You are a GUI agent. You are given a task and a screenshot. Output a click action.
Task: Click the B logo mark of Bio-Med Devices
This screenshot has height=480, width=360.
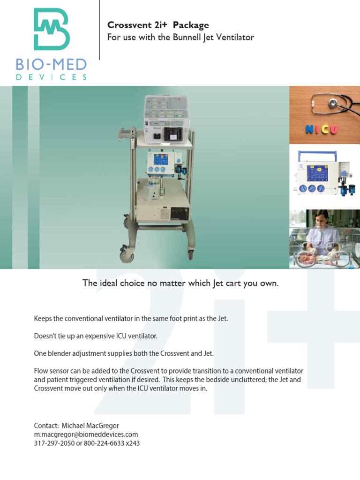[x=52, y=29]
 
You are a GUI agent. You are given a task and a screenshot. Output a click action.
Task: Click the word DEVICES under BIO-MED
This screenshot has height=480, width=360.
[x=52, y=77]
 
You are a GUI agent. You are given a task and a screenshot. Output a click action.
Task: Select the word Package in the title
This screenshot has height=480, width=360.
[x=191, y=25]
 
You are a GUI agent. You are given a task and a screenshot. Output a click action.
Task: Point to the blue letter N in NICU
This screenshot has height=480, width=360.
[x=310, y=129]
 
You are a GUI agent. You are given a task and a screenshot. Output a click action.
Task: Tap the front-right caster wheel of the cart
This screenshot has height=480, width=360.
[x=190, y=255]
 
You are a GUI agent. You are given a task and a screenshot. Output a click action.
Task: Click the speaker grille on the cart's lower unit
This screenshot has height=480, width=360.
[x=164, y=214]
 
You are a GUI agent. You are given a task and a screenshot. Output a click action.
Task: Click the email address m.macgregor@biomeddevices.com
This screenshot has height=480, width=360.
[x=86, y=434]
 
